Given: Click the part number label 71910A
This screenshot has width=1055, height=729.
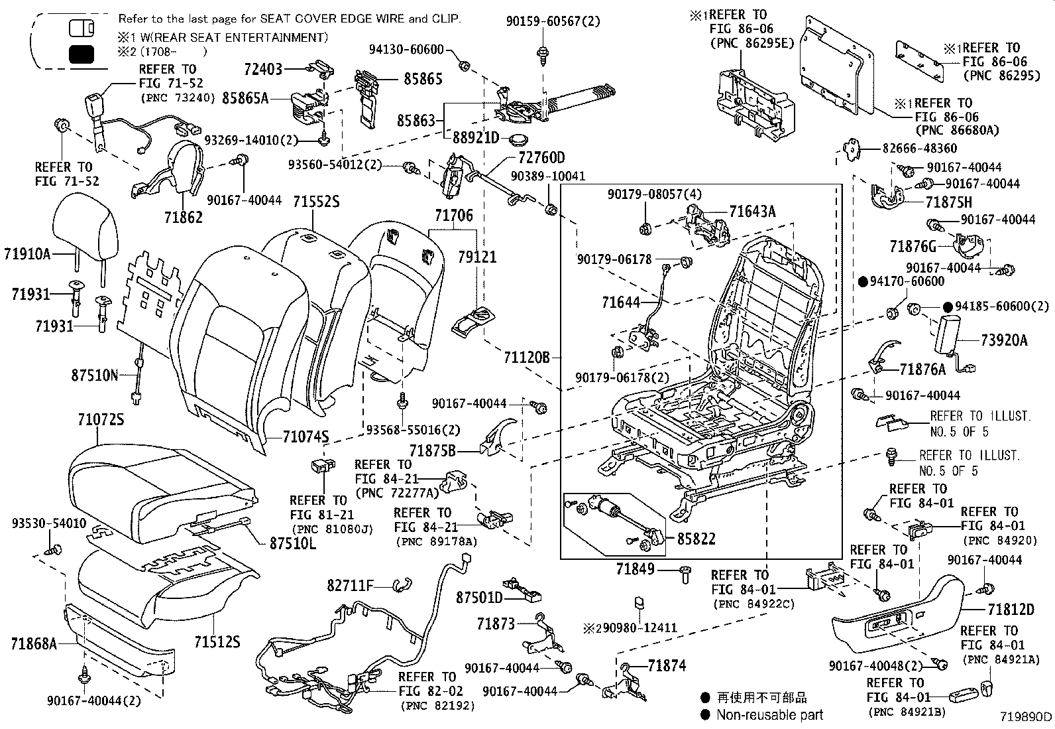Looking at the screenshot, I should pos(27,253).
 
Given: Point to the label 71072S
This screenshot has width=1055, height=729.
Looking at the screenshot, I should pos(101,420).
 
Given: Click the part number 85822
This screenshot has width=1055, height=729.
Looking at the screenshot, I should pos(696,539).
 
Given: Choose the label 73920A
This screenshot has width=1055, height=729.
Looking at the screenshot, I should pos(1004,340).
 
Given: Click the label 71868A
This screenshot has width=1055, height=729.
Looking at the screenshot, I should pos(34,643).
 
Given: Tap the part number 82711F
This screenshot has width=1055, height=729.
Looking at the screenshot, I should pos(350,585).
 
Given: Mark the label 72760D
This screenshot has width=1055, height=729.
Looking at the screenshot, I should pos(541,157).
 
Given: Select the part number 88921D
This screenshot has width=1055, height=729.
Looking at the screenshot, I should pos(476,138).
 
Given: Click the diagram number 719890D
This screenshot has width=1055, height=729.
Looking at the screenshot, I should pos(1027,717).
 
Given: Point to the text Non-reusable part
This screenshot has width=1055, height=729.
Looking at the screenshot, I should pos(769,714).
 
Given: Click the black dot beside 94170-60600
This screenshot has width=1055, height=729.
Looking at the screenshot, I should pos(863,281).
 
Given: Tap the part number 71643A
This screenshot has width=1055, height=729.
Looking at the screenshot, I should pos(752,212).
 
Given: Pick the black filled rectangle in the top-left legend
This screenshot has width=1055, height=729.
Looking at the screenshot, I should pos(82,54).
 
